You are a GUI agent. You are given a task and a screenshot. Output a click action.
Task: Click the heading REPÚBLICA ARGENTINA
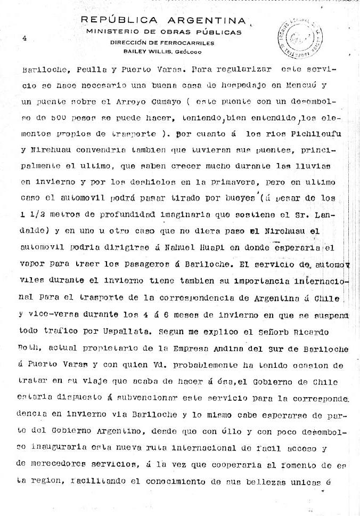coord(163,20)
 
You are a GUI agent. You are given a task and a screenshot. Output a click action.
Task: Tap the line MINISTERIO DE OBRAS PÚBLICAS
coord(163,32)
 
